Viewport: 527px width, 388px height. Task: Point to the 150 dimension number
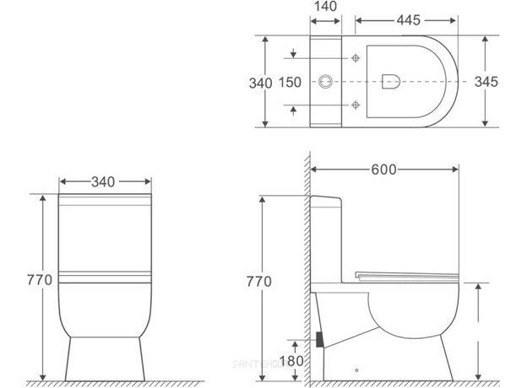(x=290, y=82)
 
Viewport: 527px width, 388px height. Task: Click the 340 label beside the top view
(x=261, y=83)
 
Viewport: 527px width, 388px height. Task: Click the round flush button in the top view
(x=325, y=82)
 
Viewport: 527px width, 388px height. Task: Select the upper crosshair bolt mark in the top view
(x=356, y=58)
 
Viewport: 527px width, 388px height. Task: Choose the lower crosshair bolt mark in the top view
(x=356, y=105)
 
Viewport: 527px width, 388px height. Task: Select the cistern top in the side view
(x=329, y=197)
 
